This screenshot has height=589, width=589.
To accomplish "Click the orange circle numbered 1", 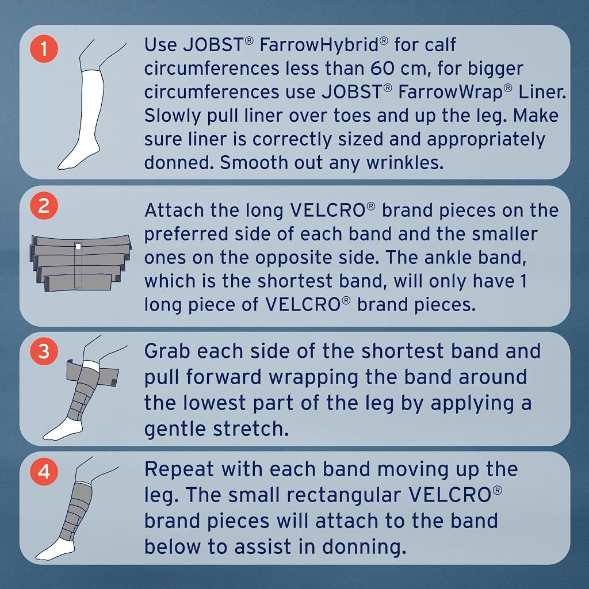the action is click(44, 48).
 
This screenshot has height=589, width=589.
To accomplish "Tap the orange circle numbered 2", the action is click(44, 206).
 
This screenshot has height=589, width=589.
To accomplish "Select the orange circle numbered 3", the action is click(44, 351).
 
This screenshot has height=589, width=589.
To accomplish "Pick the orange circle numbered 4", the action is click(44, 472).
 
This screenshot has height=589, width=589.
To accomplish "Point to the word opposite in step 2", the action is click(289, 258).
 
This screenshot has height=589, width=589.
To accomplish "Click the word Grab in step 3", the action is click(167, 351).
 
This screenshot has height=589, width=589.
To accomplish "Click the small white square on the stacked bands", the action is click(78, 246).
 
